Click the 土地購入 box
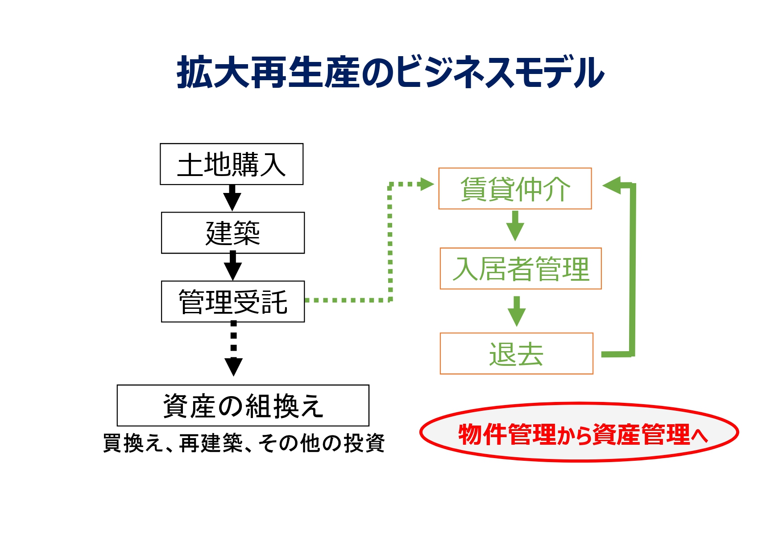click(232, 164)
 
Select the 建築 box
click(232, 233)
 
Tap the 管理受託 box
click(232, 301)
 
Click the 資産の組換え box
click(243, 406)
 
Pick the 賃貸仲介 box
click(515, 188)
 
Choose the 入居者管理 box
click(521, 269)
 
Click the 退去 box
click(516, 353)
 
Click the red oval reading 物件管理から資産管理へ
click(579, 432)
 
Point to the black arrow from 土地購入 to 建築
click(232, 198)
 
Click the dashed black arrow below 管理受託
click(233, 350)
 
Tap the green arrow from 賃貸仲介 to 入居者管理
click(515, 226)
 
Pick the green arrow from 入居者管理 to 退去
click(517, 311)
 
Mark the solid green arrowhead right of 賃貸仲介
click(612, 184)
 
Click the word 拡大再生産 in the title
click(268, 73)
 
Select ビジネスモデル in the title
click(500, 73)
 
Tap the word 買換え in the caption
click(133, 443)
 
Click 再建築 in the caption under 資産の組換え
click(211, 443)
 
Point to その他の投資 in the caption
click(321, 443)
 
